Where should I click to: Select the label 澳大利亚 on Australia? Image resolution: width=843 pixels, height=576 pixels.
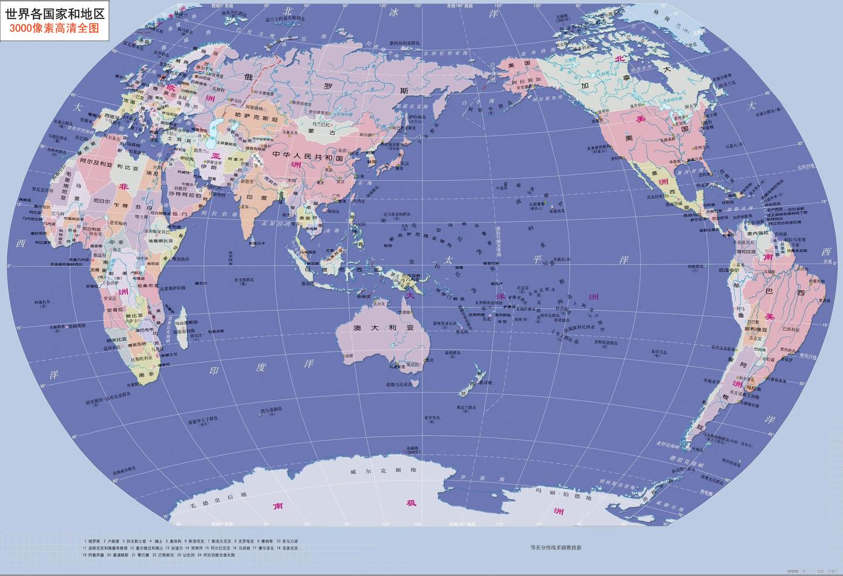click(x=383, y=328)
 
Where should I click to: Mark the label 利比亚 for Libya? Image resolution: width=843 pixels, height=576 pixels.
click(x=127, y=167)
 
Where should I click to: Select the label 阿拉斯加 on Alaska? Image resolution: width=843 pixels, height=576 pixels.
click(x=522, y=80)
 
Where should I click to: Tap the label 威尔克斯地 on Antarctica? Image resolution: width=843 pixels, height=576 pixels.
click(x=383, y=470)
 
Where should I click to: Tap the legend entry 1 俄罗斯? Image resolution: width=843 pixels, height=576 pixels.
click(x=92, y=541)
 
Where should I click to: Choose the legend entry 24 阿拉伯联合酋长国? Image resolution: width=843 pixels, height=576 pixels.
click(x=216, y=555)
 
